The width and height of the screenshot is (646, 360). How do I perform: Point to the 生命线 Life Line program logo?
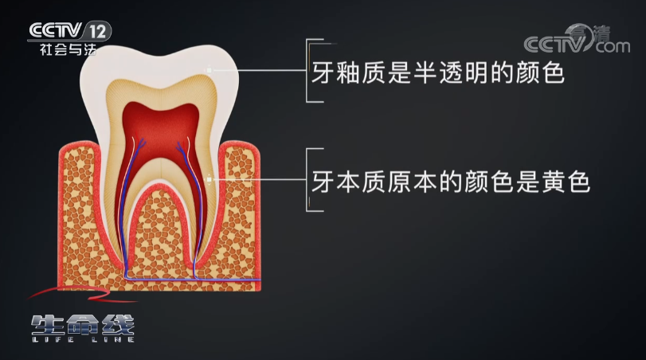(x=83, y=327)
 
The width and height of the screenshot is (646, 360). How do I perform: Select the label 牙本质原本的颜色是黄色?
(x=450, y=182)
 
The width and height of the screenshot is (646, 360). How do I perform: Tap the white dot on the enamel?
(x=209, y=70)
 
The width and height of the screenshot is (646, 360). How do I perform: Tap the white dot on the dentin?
(x=209, y=180)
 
